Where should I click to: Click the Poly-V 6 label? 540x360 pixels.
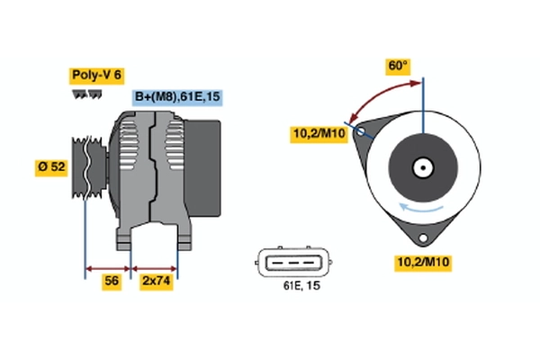coord(97,76)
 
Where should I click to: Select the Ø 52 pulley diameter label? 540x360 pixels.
coord(51,167)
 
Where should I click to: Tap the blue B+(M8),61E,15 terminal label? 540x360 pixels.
coord(177,97)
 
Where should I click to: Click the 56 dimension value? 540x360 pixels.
coord(112,281)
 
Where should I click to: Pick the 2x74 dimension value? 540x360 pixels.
coord(156,281)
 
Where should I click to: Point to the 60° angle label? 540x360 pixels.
coord(398,66)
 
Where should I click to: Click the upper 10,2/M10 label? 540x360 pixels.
coord(319,133)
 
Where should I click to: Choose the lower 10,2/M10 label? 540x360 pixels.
coord(423,263)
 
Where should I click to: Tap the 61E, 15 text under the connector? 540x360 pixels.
coord(301,285)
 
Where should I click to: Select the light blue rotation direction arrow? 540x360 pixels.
coord(421,207)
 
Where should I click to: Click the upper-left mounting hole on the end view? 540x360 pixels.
coord(361,131)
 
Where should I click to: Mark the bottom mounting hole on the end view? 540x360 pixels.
coord(423,238)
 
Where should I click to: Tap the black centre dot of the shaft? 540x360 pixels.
coord(423,167)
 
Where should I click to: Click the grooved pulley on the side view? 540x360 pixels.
coord(89,167)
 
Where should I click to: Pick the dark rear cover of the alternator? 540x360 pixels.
coord(202,168)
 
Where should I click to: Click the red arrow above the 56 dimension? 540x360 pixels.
coord(108,269)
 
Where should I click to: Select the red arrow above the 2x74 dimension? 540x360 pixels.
coord(154,269)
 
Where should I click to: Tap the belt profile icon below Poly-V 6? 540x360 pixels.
coord(87,94)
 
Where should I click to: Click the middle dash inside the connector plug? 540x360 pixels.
coord(293,263)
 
